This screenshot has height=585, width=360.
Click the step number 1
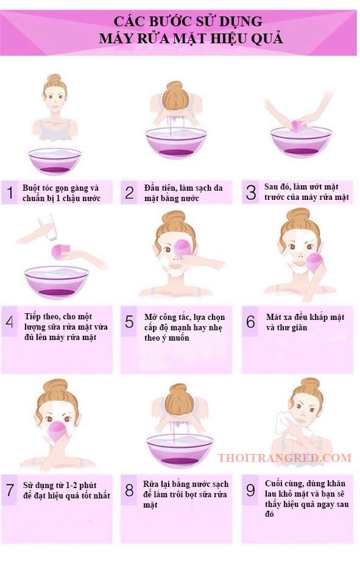click(x=10, y=193)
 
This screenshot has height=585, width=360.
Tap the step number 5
click(x=129, y=322)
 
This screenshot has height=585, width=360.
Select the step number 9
click(x=250, y=490)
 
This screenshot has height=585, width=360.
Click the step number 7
click(x=10, y=490)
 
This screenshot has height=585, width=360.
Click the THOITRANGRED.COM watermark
click(x=284, y=458)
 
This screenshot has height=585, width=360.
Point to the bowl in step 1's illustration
click(x=55, y=160)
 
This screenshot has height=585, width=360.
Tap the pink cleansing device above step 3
click(x=298, y=126)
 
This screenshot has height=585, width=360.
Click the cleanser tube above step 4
click(x=48, y=228)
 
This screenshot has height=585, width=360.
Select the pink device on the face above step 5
click(x=182, y=249)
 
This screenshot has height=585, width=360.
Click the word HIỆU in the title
click(x=228, y=38)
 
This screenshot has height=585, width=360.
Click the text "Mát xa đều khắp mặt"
click(x=305, y=317)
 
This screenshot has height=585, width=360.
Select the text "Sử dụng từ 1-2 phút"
click(x=60, y=486)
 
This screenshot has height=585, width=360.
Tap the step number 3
click(x=251, y=192)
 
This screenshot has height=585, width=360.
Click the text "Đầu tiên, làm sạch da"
click(x=183, y=188)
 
